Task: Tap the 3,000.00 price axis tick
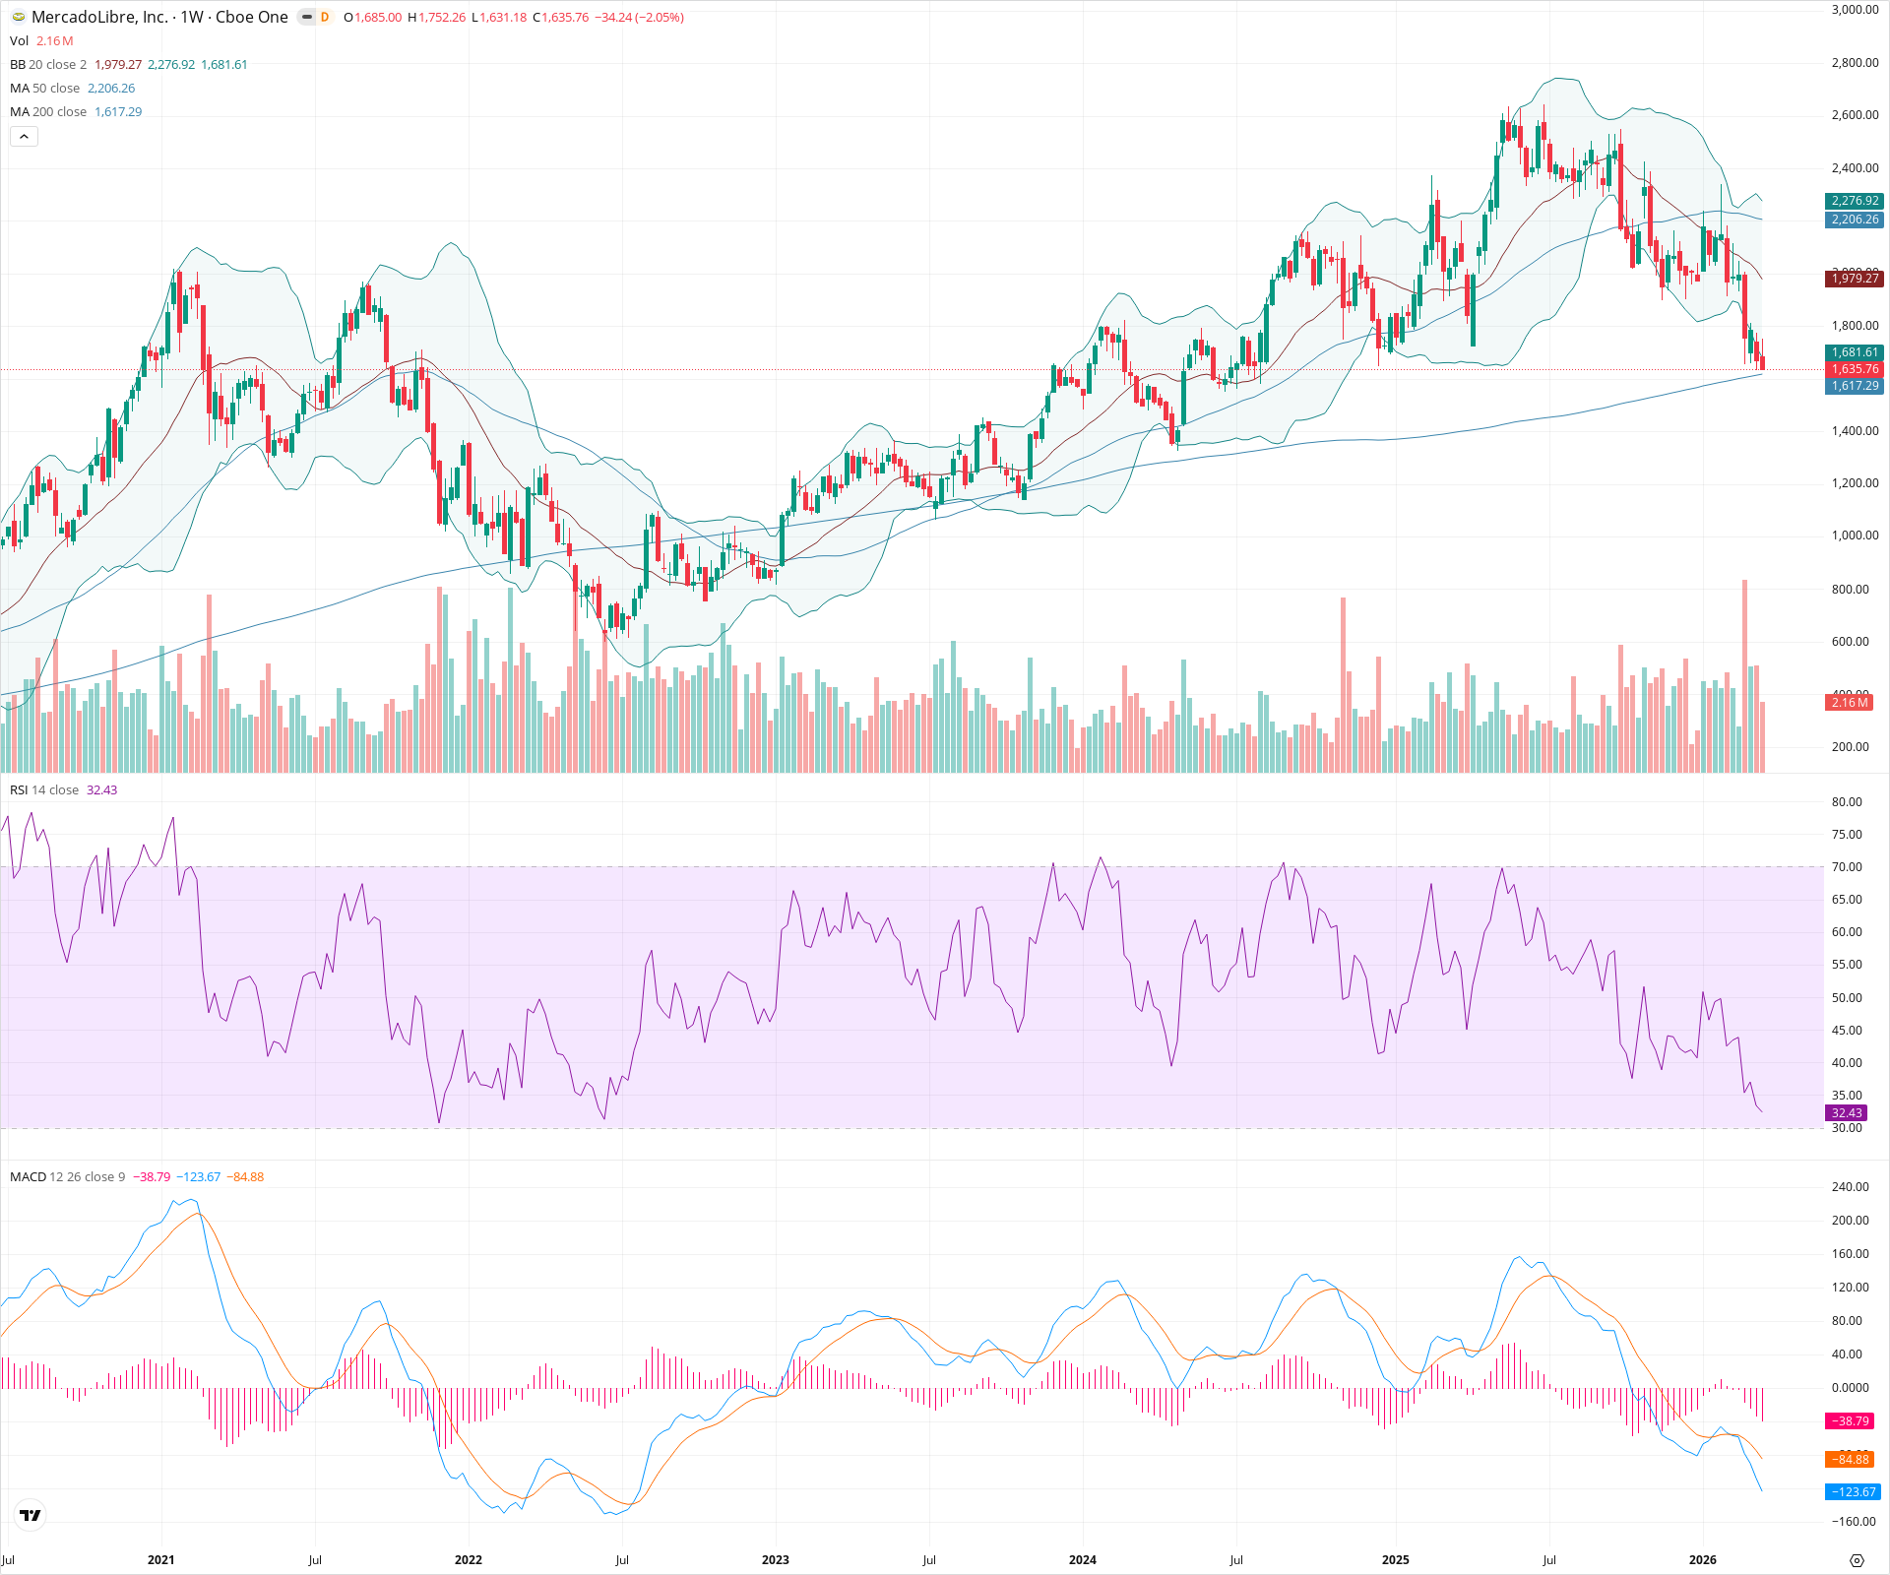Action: coord(1855,10)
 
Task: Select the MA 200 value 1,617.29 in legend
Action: coord(118,112)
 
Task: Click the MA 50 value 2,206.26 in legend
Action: coord(111,89)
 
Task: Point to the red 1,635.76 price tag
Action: coord(1855,369)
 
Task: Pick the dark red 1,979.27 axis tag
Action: coord(1855,279)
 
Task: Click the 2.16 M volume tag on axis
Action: coord(1850,703)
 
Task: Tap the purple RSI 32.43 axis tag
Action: coord(1847,1113)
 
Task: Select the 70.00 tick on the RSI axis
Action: coord(1847,867)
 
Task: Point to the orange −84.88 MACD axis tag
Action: coord(1851,1460)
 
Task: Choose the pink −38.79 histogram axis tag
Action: coord(1851,1421)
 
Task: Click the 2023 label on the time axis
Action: coord(776,1560)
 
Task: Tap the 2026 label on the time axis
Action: coord(1702,1560)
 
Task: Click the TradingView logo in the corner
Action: coord(31,1515)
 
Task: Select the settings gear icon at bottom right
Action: coord(1857,1560)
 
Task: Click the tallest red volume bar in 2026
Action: coord(1745,679)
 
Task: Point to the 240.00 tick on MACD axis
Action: coord(1850,1187)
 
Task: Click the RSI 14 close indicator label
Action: coord(44,790)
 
